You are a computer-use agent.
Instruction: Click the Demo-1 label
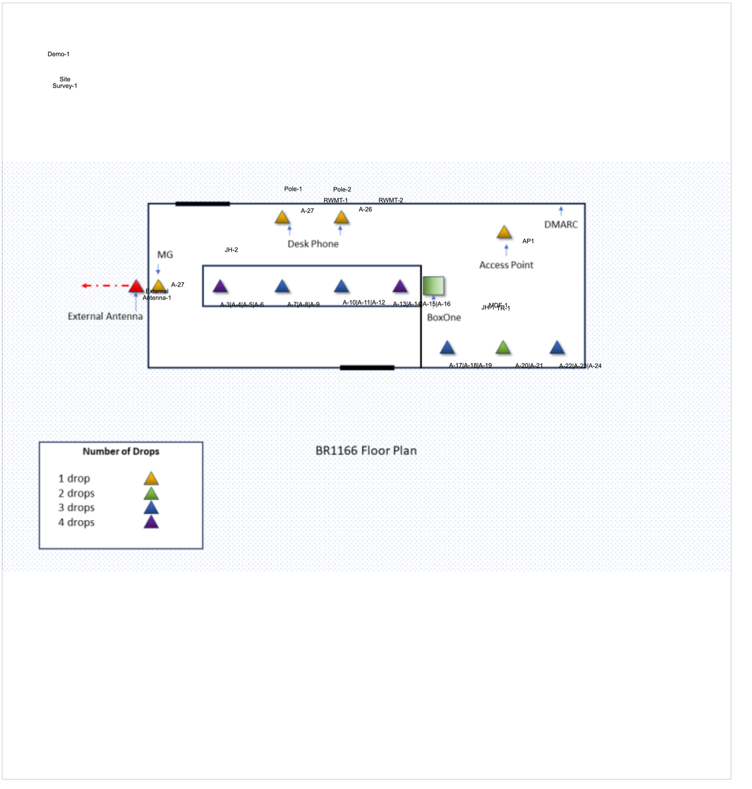(58, 54)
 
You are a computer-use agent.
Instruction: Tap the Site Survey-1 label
(64, 82)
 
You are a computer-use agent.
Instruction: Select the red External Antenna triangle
(135, 286)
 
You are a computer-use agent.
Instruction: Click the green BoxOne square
(433, 285)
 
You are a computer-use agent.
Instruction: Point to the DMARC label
(561, 224)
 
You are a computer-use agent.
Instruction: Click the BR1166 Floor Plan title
(366, 450)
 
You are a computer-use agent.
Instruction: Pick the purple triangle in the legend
(151, 522)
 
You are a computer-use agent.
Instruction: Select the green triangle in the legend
(151, 493)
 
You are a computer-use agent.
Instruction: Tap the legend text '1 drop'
(74, 479)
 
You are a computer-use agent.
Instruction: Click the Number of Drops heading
(121, 451)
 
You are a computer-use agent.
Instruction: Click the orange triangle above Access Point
(504, 232)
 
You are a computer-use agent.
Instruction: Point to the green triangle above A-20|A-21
(503, 348)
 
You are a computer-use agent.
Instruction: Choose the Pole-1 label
(293, 189)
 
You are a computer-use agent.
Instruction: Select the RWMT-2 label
(390, 200)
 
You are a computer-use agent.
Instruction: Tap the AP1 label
(528, 241)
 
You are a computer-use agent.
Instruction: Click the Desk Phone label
(313, 244)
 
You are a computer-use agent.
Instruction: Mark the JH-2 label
(231, 250)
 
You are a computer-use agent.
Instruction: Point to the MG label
(165, 254)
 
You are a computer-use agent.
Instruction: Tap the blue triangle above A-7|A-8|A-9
(282, 286)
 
